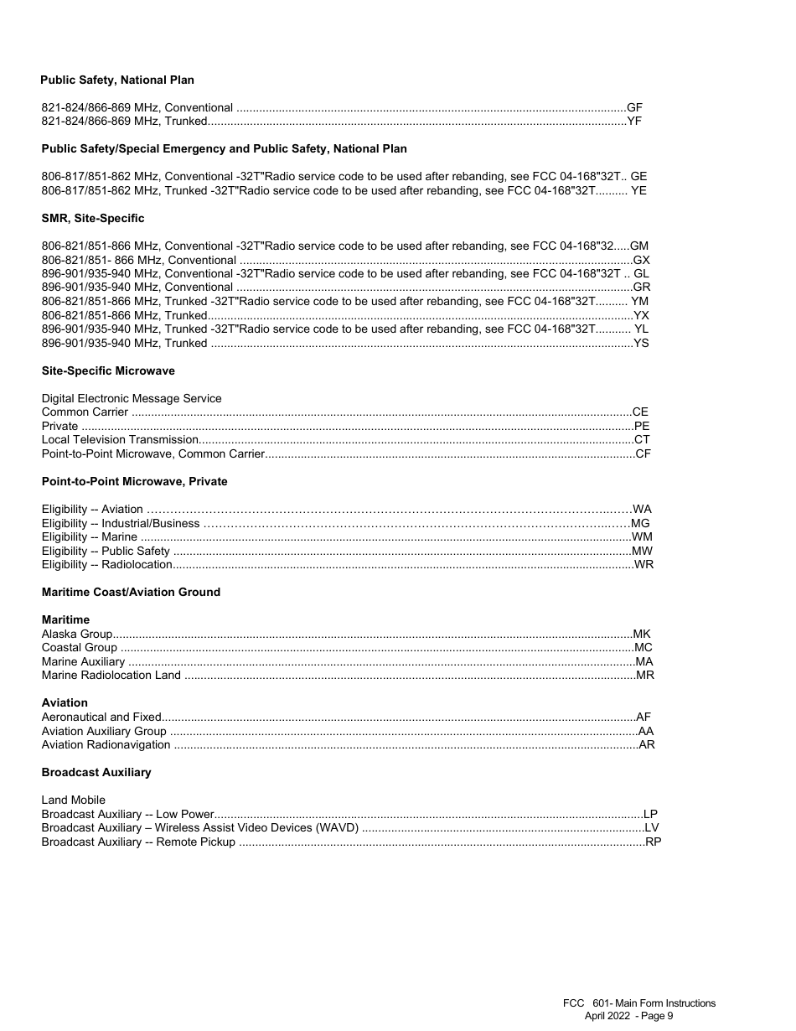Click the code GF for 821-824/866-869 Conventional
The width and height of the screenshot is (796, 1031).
pyautogui.click(x=635, y=107)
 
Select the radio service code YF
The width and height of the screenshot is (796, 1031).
pyautogui.click(x=635, y=122)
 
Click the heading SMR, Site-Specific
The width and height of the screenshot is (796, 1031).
pyautogui.click(x=93, y=218)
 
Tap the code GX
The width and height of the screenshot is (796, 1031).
pyautogui.click(x=642, y=260)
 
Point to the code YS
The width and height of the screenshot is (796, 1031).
pyautogui.click(x=641, y=343)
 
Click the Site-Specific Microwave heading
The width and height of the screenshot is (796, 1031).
pyautogui.click(x=108, y=370)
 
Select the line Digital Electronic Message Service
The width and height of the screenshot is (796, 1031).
pyautogui.click(x=132, y=398)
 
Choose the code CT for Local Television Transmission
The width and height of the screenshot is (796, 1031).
pyautogui.click(x=642, y=439)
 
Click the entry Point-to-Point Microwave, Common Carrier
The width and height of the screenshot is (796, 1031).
pyautogui.click(x=153, y=453)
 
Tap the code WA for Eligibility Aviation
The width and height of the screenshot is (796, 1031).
pyautogui.click(x=643, y=509)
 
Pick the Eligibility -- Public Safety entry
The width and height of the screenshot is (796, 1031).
pyautogui.click(x=106, y=551)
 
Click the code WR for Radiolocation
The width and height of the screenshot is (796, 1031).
pyautogui.click(x=644, y=564)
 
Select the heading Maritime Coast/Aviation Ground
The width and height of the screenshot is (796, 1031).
pyautogui.click(x=131, y=592)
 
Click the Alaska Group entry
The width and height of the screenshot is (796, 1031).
pyautogui.click(x=77, y=634)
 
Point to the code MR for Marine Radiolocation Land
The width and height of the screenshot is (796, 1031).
pyautogui.click(x=645, y=675)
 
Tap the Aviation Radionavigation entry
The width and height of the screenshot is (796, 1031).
pyautogui.click(x=106, y=744)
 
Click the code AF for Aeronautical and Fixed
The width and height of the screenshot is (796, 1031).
pyautogui.click(x=644, y=717)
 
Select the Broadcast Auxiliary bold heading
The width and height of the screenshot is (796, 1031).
pyautogui.click(x=96, y=772)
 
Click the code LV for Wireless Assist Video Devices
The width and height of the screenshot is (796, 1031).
pyautogui.click(x=652, y=827)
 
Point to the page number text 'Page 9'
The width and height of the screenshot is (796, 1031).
pyautogui.click(x=656, y=1016)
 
